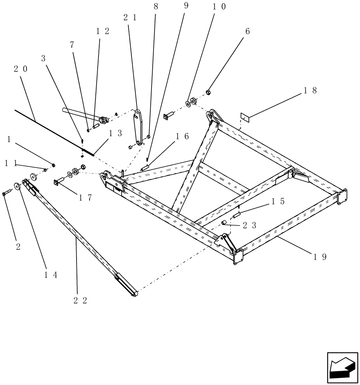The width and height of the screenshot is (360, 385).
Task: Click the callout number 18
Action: [310, 91]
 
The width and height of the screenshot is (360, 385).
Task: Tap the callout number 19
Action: [320, 257]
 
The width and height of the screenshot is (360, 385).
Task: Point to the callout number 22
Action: [80, 300]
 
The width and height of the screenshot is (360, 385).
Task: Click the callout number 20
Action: [21, 69]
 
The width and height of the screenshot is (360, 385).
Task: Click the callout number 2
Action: [18, 247]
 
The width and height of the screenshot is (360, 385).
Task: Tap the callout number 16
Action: [182, 136]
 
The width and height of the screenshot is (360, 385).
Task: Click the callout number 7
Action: [72, 45]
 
